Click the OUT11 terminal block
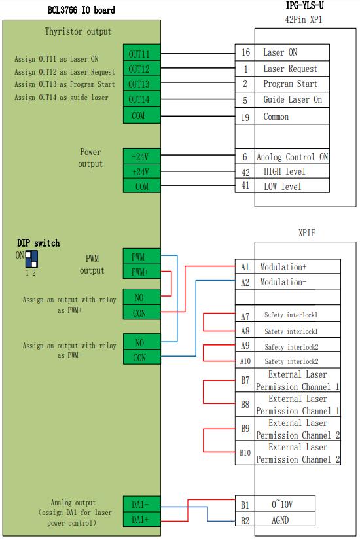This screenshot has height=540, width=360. tap(141, 53)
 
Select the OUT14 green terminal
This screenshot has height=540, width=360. tap(141, 99)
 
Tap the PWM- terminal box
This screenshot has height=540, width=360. tap(141, 257)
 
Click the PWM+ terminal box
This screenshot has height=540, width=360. tap(141, 272)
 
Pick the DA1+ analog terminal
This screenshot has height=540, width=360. tap(141, 519)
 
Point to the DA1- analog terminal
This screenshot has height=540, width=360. tap(141, 504)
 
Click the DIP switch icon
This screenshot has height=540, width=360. tap(31, 259)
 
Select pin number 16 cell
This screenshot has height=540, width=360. tap(245, 52)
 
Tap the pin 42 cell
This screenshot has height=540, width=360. tap(245, 171)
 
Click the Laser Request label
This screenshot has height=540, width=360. tap(291, 69)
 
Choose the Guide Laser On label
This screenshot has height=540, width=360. tap(293, 99)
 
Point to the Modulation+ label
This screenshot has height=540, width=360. tap(283, 267)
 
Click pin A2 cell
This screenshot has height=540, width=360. tap(245, 282)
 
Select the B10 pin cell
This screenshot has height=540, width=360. tap(245, 452)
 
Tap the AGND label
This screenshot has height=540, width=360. tap(280, 520)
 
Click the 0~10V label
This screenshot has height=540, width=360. tap(282, 505)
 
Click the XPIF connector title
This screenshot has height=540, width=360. tap(306, 233)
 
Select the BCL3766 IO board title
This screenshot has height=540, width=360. tap(81, 10)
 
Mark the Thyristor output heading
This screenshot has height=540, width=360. tap(78, 31)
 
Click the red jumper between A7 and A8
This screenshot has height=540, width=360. tap(204, 322)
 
